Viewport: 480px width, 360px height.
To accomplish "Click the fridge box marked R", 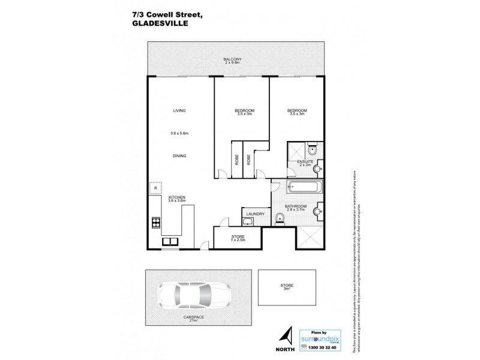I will pos(155,188).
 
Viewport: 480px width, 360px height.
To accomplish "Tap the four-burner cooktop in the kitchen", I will pos(155,223).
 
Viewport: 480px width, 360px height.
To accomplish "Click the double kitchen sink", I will pos(170,241).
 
